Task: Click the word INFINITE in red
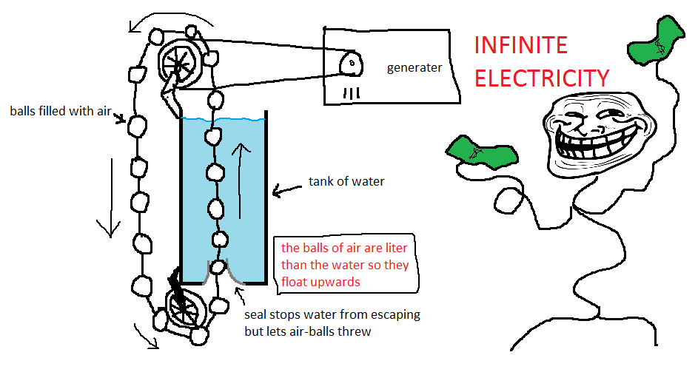point(520,46)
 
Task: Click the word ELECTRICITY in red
point(542,78)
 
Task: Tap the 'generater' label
point(415,68)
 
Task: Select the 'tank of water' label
point(346,181)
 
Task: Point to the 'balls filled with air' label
point(59,112)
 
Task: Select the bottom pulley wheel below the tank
point(181,306)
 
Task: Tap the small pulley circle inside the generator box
point(350,64)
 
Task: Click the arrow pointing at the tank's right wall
point(285,192)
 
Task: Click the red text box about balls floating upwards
point(344,264)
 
